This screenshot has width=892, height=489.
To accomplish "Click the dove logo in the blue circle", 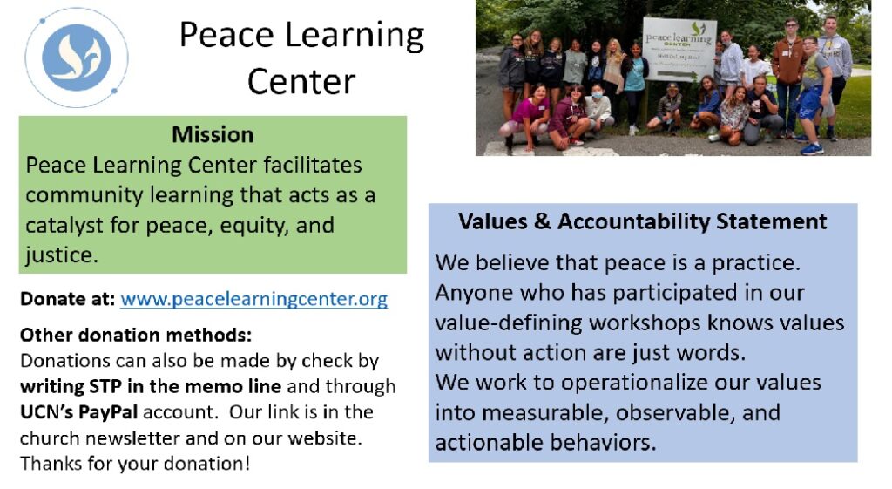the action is point(77,58).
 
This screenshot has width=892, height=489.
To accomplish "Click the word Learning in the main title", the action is point(355,36).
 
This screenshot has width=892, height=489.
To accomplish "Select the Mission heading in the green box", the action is point(213,135).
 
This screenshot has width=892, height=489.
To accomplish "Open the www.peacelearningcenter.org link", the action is point(253,300).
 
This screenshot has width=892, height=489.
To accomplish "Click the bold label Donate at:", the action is point(68,299).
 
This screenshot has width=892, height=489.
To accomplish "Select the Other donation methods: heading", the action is point(135,335).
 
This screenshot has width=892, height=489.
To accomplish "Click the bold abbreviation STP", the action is point(105,386).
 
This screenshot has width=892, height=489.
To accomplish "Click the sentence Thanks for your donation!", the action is point(135,464).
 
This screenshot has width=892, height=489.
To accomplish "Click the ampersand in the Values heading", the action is point(542,221).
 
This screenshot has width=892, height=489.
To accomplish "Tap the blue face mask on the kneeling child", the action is point(597,95).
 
